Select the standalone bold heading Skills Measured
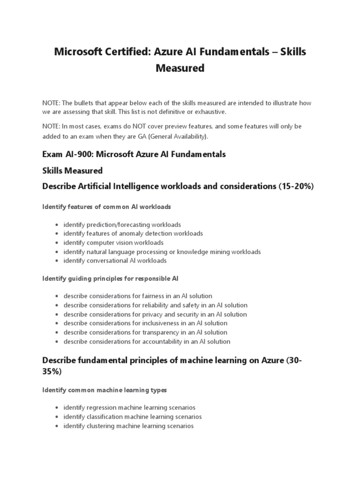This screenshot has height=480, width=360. click(72, 170)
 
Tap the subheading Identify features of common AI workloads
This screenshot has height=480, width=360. click(106, 206)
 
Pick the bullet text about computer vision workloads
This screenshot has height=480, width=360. click(113, 242)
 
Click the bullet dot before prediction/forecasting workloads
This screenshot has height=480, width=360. click(57, 225)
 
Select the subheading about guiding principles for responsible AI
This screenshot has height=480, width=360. click(110, 278)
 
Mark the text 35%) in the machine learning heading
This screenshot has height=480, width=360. click(52, 371)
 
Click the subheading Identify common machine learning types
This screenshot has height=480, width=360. click(104, 390)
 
